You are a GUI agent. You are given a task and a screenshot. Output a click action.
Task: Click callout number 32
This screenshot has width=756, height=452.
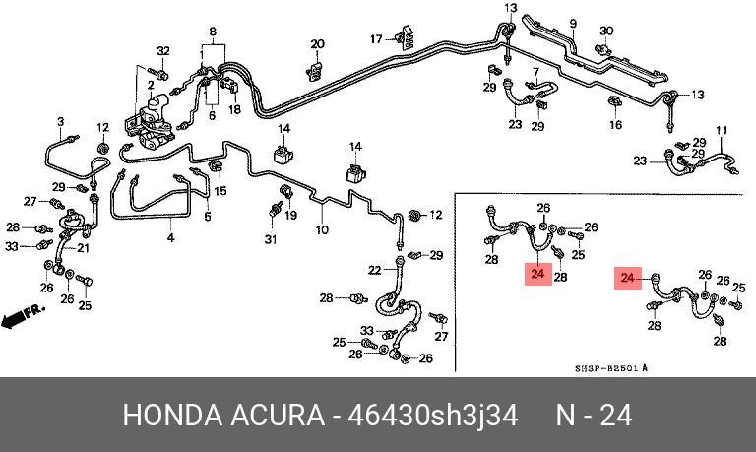tap(163, 51)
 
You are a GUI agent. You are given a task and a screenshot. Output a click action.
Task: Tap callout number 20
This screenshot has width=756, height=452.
tap(317, 44)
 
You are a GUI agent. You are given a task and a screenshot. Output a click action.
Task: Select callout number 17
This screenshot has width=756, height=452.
tap(376, 38)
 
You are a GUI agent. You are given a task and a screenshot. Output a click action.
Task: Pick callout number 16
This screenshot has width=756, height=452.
tap(615, 125)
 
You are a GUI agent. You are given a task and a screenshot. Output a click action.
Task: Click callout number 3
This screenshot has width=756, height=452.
tap(60, 122)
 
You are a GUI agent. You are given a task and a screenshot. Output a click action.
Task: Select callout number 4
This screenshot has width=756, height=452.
tap(169, 238)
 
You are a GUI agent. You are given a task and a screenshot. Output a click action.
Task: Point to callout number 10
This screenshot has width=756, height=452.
tap(321, 230)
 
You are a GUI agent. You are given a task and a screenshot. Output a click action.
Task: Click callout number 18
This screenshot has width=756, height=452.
tap(234, 110)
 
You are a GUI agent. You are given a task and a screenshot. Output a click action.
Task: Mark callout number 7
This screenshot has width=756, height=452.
tap(536, 73)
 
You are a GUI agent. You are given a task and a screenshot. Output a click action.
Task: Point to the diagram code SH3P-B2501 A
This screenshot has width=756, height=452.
tap(611, 368)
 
